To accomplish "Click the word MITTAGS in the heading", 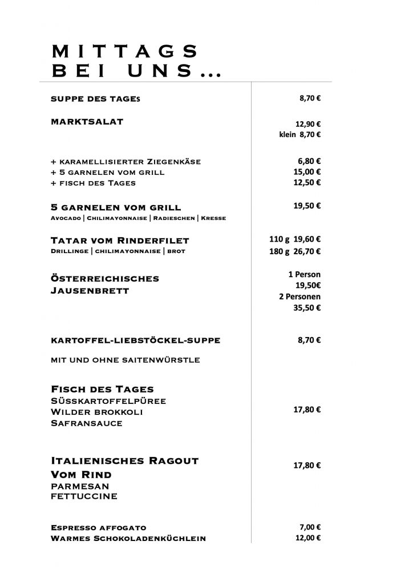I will pyautogui.click(x=124, y=51).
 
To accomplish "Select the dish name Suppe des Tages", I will pyautogui.click(x=95, y=99).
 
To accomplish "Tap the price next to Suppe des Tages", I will pyautogui.click(x=310, y=98).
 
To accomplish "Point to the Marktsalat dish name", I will pyautogui.click(x=87, y=122).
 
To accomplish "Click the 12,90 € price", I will pyautogui.click(x=308, y=123).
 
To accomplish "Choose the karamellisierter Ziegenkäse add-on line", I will pyautogui.click(x=125, y=161).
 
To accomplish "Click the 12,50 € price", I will pyautogui.click(x=308, y=183).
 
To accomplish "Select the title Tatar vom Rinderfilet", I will pyautogui.click(x=120, y=240).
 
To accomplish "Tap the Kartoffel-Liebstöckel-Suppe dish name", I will pyautogui.click(x=135, y=340).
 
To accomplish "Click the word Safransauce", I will pyautogui.click(x=87, y=423).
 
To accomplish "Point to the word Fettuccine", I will pyautogui.click(x=84, y=496).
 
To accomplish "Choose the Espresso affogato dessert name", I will pyautogui.click(x=99, y=528).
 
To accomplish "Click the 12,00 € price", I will pyautogui.click(x=308, y=538).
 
